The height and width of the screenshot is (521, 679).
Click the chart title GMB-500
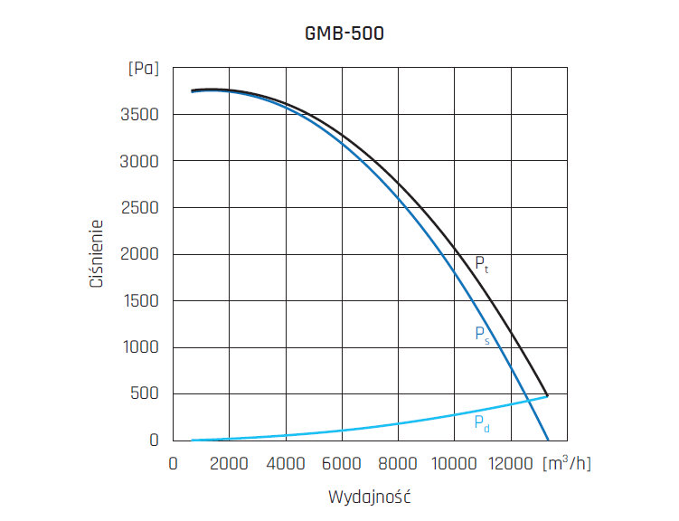point(344,34)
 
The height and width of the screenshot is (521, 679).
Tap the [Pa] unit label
point(144,69)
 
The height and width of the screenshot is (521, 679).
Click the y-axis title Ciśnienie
point(96,254)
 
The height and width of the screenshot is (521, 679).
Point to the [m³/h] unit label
point(567,462)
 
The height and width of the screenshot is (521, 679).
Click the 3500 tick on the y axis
point(141,115)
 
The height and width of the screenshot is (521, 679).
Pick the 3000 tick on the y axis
point(141,161)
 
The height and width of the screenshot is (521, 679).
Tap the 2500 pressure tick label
point(141,208)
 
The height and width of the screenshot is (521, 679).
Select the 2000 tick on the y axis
point(141,254)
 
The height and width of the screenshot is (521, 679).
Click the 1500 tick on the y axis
point(141,300)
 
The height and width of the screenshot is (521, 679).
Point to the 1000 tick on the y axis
point(141,347)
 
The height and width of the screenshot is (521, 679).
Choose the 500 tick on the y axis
point(146,393)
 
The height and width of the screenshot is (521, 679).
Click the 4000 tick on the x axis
point(287,463)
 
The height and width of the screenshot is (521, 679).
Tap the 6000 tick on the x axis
point(343,463)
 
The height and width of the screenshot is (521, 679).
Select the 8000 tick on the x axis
point(399,463)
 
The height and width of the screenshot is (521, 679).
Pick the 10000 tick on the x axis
point(454,463)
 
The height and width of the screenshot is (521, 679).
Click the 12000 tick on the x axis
point(510,463)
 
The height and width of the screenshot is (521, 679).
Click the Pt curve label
point(482,265)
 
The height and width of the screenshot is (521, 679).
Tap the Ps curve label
point(482,334)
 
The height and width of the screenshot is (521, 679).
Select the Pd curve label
point(482,422)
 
